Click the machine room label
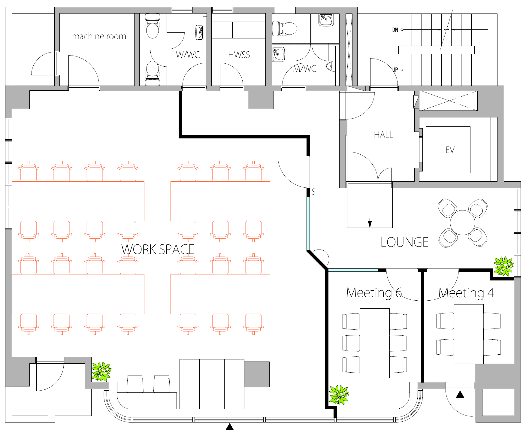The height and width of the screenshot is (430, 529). [x=99, y=36]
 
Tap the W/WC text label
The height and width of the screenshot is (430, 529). [x=188, y=55]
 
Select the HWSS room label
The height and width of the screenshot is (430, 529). [x=239, y=55]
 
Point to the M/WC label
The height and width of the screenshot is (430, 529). [x=305, y=69]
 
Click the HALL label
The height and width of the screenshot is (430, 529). [x=384, y=135]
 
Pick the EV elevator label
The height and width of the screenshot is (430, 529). [x=450, y=150]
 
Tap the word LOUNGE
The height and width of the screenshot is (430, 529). [x=404, y=242]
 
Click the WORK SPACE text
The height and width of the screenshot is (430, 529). [x=158, y=249]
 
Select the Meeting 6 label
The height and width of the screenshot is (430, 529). [x=374, y=293]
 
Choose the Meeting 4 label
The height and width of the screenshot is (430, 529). [x=466, y=293]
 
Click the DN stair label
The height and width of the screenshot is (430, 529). [x=395, y=30]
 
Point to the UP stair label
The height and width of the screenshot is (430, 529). [x=395, y=70]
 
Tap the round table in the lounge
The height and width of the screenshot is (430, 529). [x=463, y=223]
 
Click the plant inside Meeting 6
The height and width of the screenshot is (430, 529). [x=339, y=395]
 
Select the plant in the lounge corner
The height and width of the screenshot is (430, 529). [x=503, y=266]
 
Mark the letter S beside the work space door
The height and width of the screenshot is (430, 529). [x=313, y=192]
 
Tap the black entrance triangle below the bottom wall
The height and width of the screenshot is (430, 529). [x=230, y=427]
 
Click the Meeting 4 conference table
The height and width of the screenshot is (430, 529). [x=469, y=334]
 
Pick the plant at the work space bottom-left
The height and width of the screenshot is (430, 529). [x=101, y=371]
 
